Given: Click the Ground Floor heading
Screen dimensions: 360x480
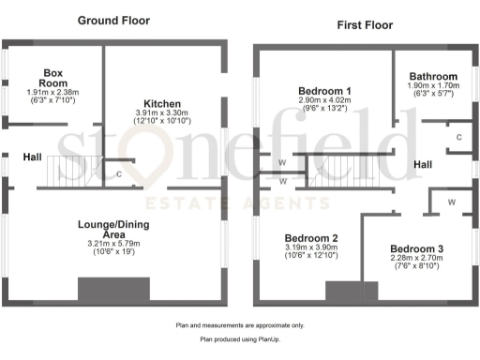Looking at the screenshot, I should (x=114, y=20).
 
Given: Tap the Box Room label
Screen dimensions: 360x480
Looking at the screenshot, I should (x=52, y=77).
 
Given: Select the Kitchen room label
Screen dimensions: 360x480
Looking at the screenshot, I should (x=162, y=103).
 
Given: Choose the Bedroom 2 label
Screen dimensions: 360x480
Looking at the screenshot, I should (x=309, y=238).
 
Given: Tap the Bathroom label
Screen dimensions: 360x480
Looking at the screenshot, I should (x=432, y=77).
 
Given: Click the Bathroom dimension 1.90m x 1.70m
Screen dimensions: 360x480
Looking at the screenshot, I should (x=432, y=85).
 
